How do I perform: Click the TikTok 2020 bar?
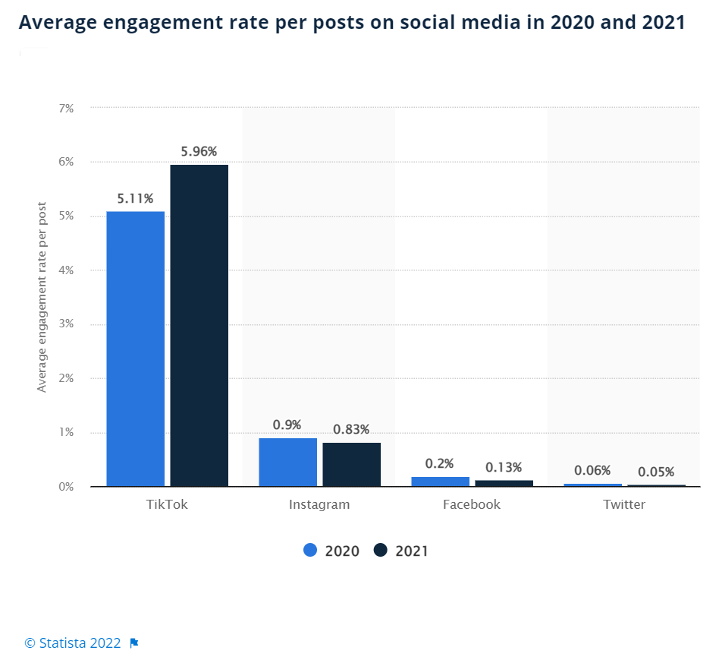pyautogui.click(x=135, y=349)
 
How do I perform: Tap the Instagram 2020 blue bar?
pyautogui.click(x=287, y=462)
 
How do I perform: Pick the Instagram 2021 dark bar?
pyautogui.click(x=351, y=464)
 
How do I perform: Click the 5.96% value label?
pyautogui.click(x=199, y=151)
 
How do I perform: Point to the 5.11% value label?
pyautogui.click(x=135, y=198)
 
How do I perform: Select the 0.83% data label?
pyautogui.click(x=351, y=429)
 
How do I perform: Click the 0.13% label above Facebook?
pyautogui.click(x=504, y=467)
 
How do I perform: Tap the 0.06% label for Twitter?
pyautogui.click(x=592, y=470)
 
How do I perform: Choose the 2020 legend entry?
pyautogui.click(x=332, y=551)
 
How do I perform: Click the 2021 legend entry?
pyautogui.click(x=401, y=551)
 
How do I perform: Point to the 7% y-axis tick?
pyautogui.click(x=66, y=109)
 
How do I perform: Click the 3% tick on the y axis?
pyautogui.click(x=66, y=324)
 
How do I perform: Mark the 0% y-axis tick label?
pyautogui.click(x=66, y=487)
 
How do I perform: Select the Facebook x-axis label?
pyautogui.click(x=472, y=504)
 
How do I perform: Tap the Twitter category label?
pyautogui.click(x=624, y=504)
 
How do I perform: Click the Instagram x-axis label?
pyautogui.click(x=319, y=504)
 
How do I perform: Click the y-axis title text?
pyautogui.click(x=42, y=297)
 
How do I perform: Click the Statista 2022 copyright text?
pyautogui.click(x=73, y=643)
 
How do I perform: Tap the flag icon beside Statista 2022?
pyautogui.click(x=134, y=643)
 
